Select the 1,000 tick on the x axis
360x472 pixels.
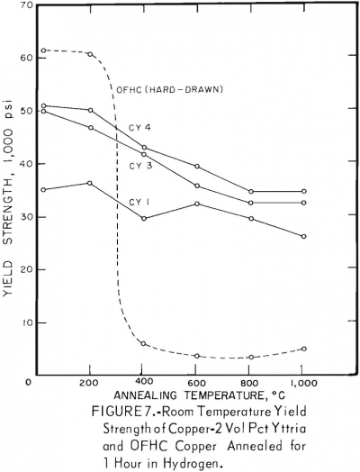(x=302, y=383)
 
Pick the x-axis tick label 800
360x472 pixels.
(x=251, y=383)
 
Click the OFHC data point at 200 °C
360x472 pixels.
(x=90, y=54)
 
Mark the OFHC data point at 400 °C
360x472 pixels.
(x=142, y=343)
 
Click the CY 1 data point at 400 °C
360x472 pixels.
(x=142, y=218)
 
